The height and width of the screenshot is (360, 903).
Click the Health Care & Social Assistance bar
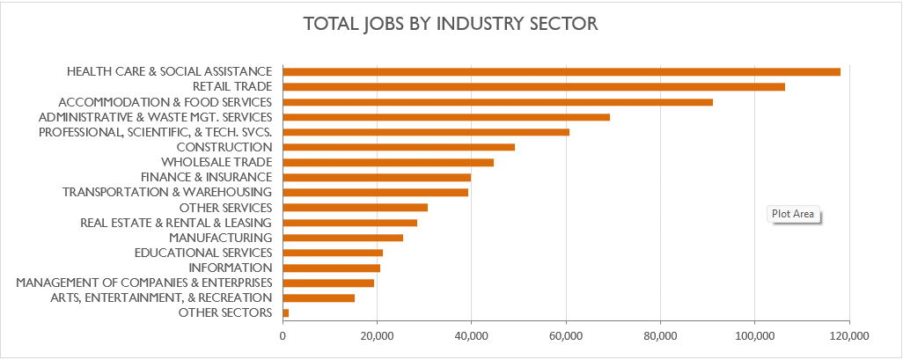point(562,71)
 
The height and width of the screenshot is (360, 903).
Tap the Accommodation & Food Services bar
point(497,102)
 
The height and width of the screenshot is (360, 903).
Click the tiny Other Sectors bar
point(286,312)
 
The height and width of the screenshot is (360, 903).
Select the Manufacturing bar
point(343,238)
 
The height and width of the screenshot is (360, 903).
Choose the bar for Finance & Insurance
point(377,177)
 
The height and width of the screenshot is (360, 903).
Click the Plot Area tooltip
point(792,214)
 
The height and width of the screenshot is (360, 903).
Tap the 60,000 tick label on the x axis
point(566,336)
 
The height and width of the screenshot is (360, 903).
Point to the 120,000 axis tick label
point(848,336)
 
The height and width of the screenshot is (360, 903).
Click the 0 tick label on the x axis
point(283,336)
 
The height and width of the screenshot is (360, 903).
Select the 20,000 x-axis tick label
point(378,336)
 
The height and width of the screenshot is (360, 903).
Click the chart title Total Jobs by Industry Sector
point(451,24)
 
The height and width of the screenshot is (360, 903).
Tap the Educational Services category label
point(202,253)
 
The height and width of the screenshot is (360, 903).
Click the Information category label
point(231,268)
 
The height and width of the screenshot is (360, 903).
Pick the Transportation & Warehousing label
point(167,192)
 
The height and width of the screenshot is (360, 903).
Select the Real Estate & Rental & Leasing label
point(175,223)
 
